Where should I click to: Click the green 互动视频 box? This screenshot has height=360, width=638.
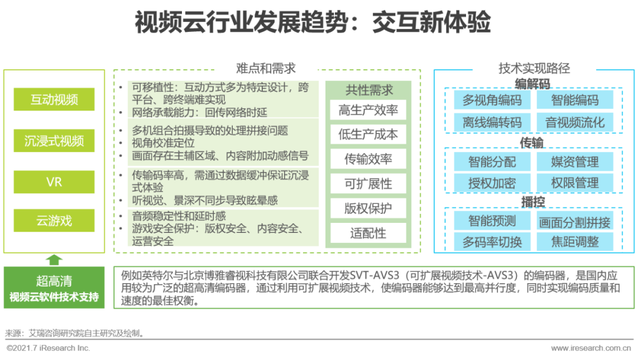pos(54,99)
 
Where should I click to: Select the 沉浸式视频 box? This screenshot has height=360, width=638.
pos(54,141)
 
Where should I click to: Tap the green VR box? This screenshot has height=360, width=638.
pos(54,182)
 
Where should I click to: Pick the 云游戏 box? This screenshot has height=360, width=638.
pos(54,221)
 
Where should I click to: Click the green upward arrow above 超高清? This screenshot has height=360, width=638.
pos(54,259)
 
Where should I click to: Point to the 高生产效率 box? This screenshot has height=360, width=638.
pos(368,111)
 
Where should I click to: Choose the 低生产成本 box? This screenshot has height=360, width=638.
pos(368,135)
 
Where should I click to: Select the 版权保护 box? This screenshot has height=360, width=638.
pos(368,208)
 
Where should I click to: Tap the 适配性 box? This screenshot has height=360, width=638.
pos(368,233)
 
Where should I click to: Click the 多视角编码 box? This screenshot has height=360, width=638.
pos(492,100)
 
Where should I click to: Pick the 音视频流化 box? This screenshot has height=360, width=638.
pos(575,123)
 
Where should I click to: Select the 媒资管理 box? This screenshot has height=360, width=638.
pos(575,162)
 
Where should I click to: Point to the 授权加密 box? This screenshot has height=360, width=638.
pos(492,183)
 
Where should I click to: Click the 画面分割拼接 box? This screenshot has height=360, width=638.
pos(575,222)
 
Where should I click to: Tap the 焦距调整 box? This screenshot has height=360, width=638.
pos(575,242)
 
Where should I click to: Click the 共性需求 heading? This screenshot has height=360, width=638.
pos(369,90)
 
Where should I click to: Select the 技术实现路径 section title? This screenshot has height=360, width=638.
pos(534,69)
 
